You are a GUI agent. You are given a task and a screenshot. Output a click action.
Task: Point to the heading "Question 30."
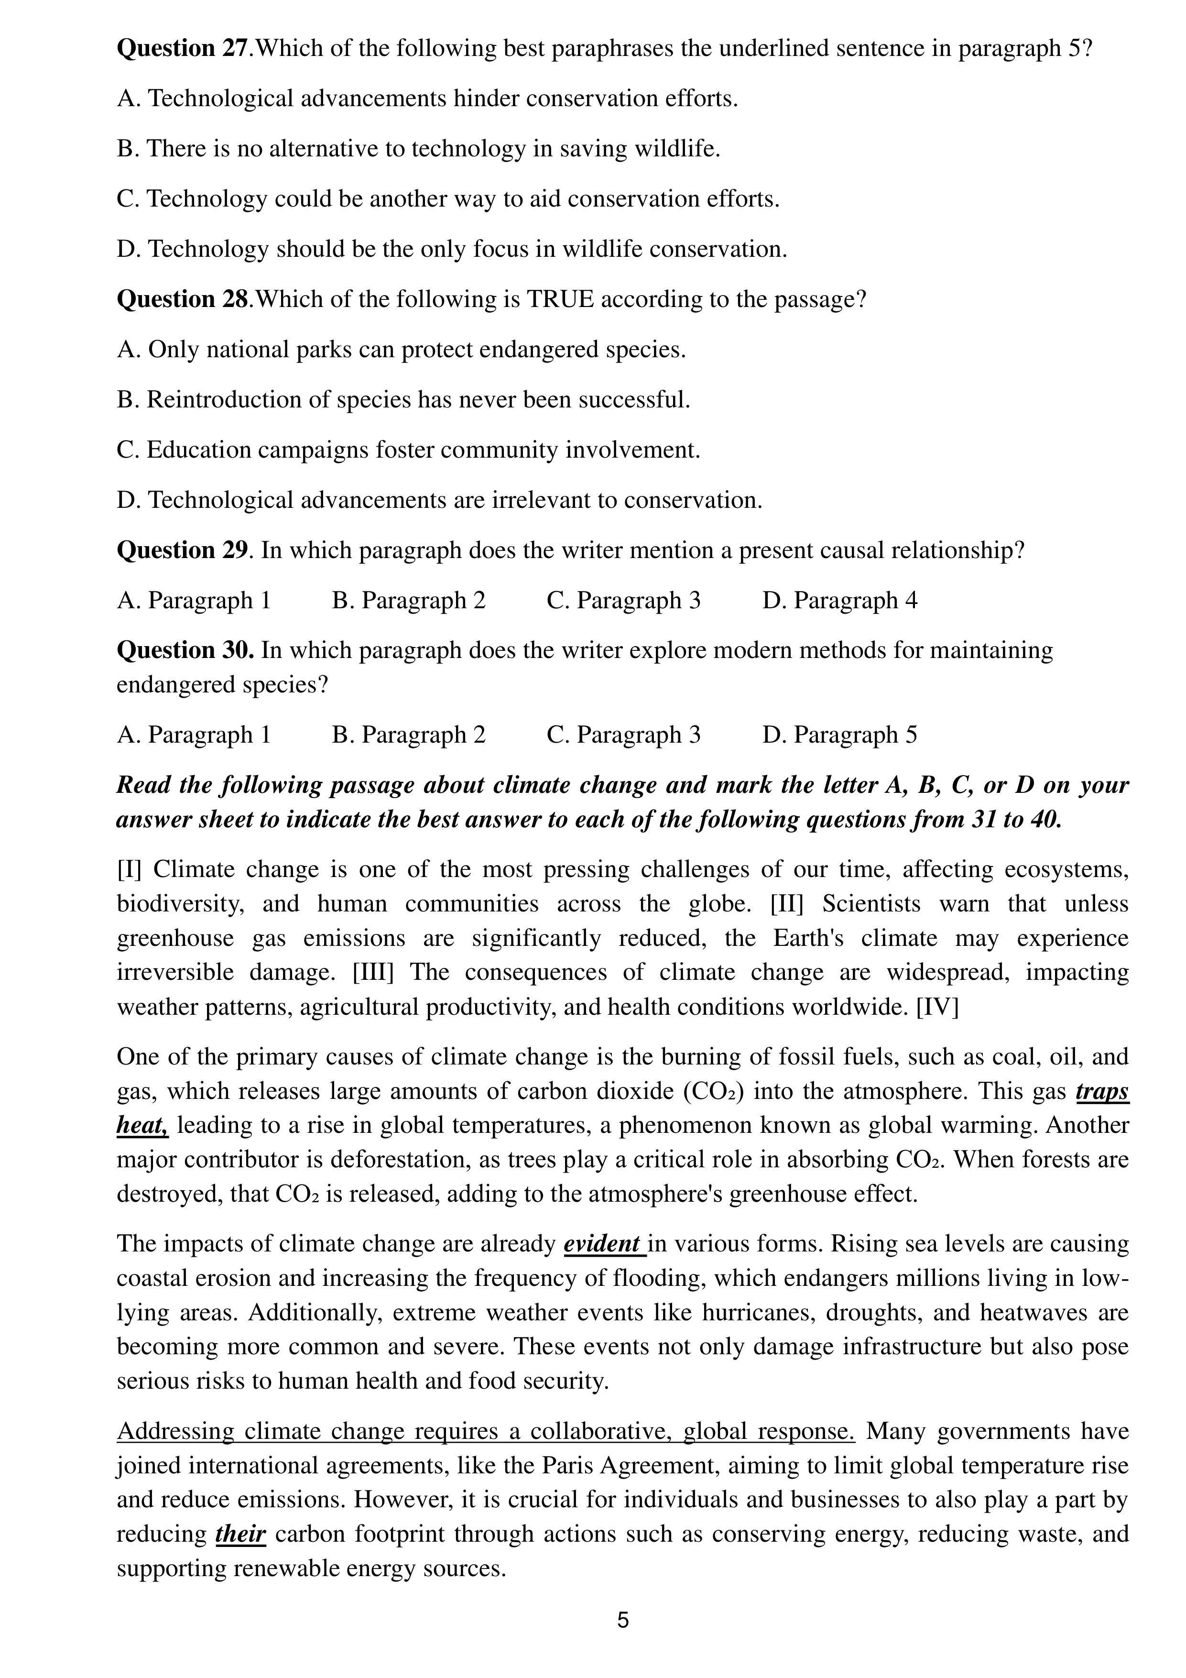point(185,650)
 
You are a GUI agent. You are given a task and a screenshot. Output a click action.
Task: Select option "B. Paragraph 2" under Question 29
point(409,600)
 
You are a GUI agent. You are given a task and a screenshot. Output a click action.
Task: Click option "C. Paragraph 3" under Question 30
point(623,734)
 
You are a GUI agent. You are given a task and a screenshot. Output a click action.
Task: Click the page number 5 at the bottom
point(622,1620)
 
